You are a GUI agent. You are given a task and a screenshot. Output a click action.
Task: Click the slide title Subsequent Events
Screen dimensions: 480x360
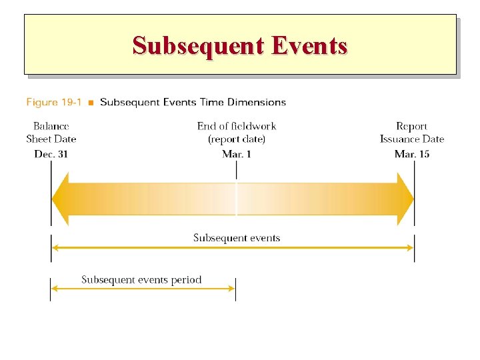pyautogui.click(x=240, y=45)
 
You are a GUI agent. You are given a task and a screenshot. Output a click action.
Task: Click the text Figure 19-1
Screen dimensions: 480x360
pyautogui.click(x=54, y=102)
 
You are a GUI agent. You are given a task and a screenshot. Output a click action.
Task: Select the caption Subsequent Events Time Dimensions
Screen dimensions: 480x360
pyautogui.click(x=193, y=102)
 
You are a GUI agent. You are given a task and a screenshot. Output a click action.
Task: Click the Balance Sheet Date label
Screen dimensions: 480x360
pyautogui.click(x=51, y=133)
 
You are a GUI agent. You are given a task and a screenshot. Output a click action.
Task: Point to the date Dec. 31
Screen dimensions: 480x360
pyautogui.click(x=51, y=154)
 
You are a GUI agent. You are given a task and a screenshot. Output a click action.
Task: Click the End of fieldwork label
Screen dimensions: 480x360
pyautogui.click(x=237, y=126)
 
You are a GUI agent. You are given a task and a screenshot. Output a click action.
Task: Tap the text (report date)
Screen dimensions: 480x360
pyautogui.click(x=237, y=139)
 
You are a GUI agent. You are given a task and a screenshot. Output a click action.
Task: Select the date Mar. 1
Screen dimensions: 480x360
pyautogui.click(x=237, y=154)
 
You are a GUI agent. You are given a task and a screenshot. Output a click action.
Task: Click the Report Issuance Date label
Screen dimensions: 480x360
pyautogui.click(x=412, y=133)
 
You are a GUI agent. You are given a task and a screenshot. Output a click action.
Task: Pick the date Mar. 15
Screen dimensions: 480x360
pyautogui.click(x=412, y=154)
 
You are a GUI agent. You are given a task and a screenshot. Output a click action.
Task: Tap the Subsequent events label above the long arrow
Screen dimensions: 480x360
pyautogui.click(x=237, y=238)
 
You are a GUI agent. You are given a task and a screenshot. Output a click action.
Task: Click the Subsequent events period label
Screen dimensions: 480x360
pyautogui.click(x=141, y=279)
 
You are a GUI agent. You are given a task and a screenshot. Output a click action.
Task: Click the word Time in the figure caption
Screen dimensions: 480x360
pyautogui.click(x=213, y=102)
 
